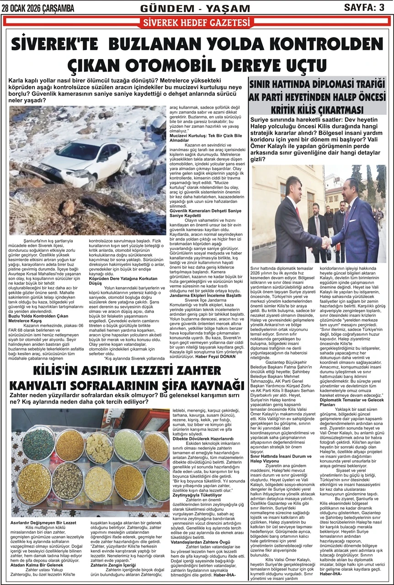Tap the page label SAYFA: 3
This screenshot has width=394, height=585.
[364, 7]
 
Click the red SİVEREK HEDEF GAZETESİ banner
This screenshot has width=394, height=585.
[197, 23]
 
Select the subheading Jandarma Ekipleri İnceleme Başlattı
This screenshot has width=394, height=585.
[203, 295]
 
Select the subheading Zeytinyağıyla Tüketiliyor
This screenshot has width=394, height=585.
[194, 495]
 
